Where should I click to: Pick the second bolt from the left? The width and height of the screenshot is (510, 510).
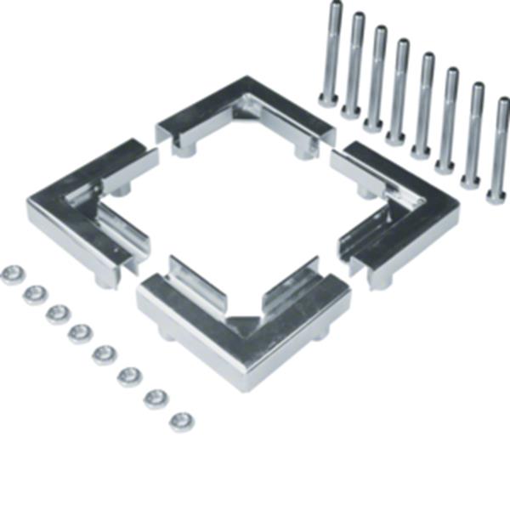pyautogui.click(x=354, y=65)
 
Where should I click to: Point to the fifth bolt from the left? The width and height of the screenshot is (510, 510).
pyautogui.click(x=423, y=105)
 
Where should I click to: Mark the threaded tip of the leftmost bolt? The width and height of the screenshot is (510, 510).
pyautogui.click(x=336, y=7)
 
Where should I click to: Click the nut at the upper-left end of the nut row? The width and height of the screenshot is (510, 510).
pyautogui.click(x=12, y=275)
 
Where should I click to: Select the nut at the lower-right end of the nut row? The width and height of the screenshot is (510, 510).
pyautogui.click(x=181, y=421)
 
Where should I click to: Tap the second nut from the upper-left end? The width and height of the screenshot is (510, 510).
pyautogui.click(x=35, y=294)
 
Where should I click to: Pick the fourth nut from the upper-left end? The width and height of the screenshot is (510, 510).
pyautogui.click(x=81, y=332)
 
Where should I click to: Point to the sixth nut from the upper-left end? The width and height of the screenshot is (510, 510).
pyautogui.click(x=130, y=376)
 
